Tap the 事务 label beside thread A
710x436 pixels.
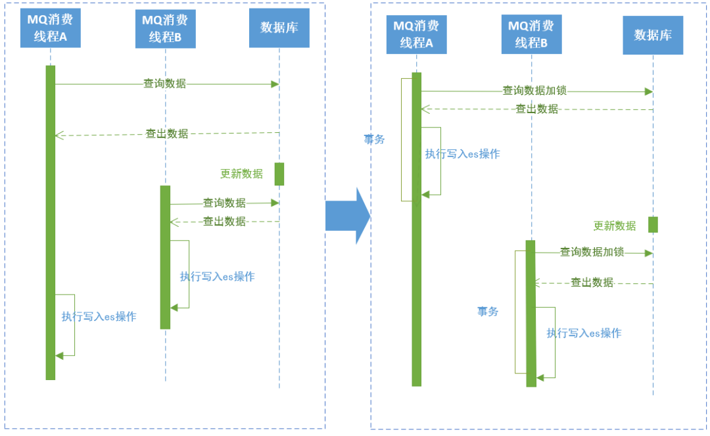tap(374, 139)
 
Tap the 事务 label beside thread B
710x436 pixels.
tap(488, 312)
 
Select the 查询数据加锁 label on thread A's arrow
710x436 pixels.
tap(534, 91)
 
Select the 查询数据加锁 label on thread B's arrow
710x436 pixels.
tap(592, 252)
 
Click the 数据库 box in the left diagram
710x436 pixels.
tap(279, 28)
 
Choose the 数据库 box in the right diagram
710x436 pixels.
tap(652, 35)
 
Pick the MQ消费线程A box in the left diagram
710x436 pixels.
tap(50, 28)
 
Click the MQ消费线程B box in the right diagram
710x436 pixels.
tap(531, 34)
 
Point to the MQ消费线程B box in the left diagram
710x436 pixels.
tap(165, 30)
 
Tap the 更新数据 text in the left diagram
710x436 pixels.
tap(241, 174)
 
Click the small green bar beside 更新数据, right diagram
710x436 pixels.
tap(653, 224)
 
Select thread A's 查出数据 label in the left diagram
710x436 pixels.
tap(166, 133)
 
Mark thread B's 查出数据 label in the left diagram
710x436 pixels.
tap(224, 222)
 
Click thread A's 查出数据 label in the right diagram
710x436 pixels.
tap(536, 109)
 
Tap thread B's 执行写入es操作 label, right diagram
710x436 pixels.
tap(584, 333)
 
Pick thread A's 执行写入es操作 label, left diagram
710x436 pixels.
tap(99, 316)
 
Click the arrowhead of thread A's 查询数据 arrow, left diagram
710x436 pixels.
tap(275, 84)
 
